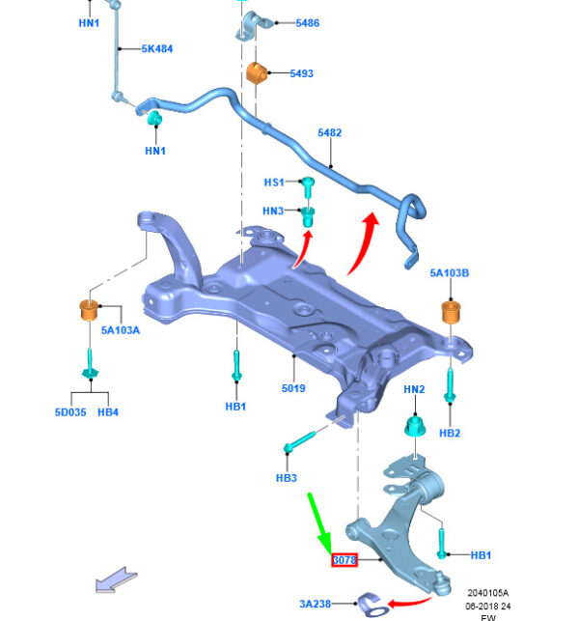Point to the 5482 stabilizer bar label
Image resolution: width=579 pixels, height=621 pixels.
[x=330, y=133]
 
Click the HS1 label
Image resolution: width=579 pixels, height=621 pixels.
[x=274, y=182]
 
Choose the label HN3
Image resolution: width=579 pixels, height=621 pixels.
[x=274, y=211]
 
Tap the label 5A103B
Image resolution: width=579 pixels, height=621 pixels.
[x=450, y=273]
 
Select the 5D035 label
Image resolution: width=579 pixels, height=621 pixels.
[x=70, y=412]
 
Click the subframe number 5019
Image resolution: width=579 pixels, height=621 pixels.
[x=293, y=388]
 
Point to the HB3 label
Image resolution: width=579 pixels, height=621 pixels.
[x=286, y=478]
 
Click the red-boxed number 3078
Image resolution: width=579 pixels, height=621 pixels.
[x=345, y=558]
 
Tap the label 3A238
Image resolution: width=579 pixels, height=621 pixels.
[x=315, y=604]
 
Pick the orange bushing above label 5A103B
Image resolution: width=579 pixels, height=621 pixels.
[x=449, y=313]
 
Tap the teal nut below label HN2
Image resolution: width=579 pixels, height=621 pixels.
[x=414, y=426]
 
